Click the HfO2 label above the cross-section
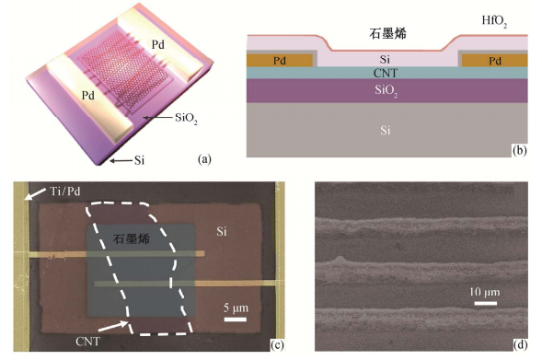coord(495,22)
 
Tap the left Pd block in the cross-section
coord(280,61)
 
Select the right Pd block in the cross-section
coord(495,61)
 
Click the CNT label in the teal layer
coord(386,73)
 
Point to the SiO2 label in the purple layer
coord(386,91)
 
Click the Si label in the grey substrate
coord(386,131)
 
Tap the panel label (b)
coord(520,150)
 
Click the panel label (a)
coord(204,159)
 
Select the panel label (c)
coord(277,344)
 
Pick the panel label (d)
coord(521,344)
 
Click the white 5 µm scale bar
coord(236,319)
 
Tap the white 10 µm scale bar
coord(485,303)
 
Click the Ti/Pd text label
coord(65,191)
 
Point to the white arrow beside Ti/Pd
coord(35,194)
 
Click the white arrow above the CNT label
coord(112,327)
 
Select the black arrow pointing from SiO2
coord(158,118)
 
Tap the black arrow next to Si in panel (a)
coord(121,160)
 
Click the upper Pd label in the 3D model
coord(157,44)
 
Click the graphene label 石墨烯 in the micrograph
coord(132,238)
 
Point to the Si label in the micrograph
coord(222,231)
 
